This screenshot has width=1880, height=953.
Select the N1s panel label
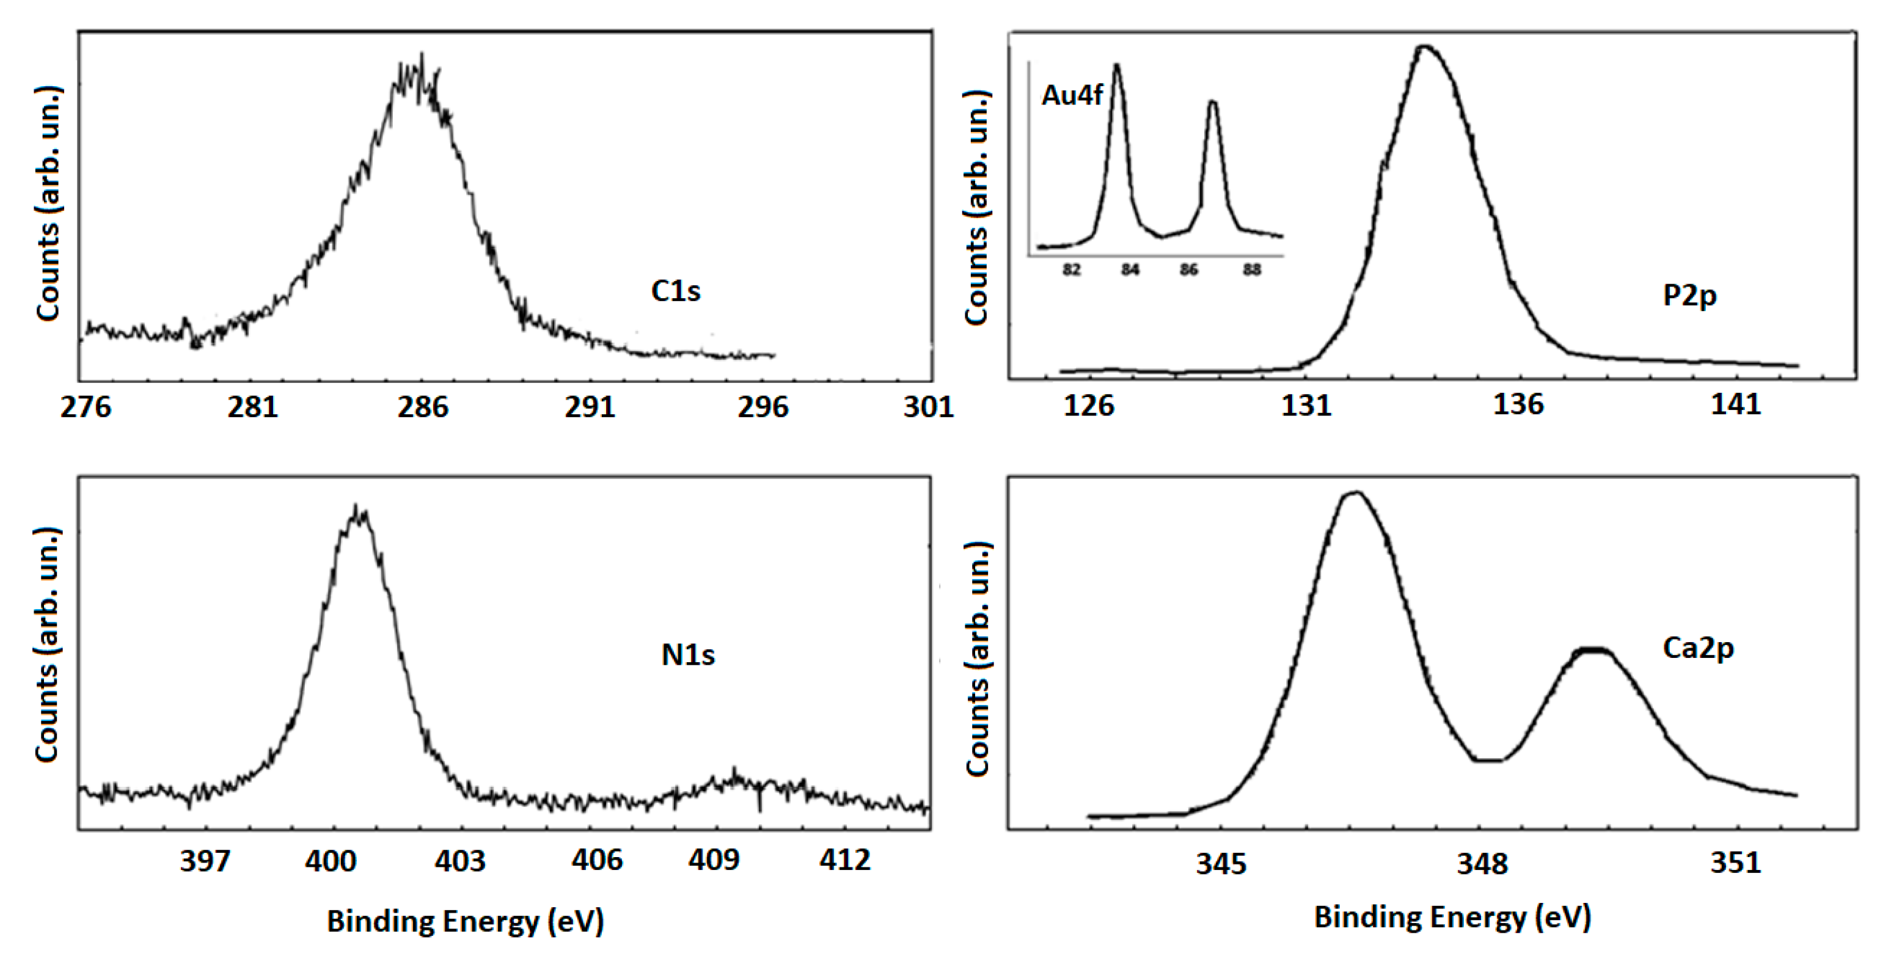point(687,654)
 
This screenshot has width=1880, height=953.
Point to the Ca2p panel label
point(1697,648)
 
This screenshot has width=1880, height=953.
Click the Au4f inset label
point(1072,95)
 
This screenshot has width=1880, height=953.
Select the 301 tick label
point(928,406)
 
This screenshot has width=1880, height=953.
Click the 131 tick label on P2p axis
point(1306,404)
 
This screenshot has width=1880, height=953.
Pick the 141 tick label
point(1735,404)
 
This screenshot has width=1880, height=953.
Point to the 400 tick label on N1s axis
point(331,861)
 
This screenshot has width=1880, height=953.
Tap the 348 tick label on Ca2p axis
point(1482,864)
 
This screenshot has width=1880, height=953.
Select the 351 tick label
point(1735,863)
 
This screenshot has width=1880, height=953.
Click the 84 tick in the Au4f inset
point(1130,270)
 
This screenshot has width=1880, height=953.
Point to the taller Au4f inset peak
point(1116,66)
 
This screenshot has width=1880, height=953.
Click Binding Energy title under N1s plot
point(465,921)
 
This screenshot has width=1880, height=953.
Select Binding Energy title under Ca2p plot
point(1452,916)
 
